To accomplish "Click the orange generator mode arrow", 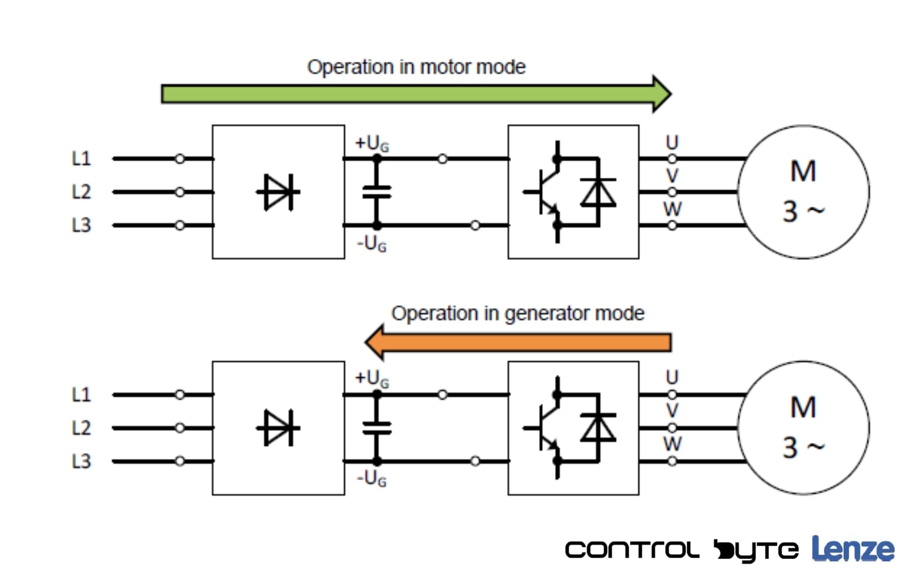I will (517, 342).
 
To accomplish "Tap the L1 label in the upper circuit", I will (81, 158).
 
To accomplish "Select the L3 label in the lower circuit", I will (81, 461).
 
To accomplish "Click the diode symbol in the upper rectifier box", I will (278, 192).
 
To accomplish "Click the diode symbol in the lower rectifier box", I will (278, 428).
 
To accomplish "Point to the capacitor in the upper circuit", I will (377, 192).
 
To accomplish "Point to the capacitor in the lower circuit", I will (377, 428).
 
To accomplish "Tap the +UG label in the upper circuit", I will (372, 143).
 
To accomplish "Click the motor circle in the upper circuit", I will (803, 192).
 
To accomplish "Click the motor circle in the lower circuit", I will (803, 428).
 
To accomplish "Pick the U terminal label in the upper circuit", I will (672, 142).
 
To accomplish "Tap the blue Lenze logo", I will (853, 549).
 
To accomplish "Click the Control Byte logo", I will (681, 550).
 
